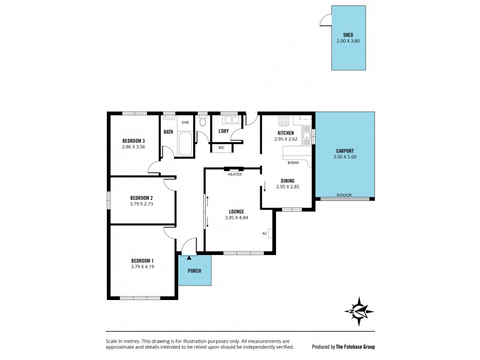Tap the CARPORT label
pos(345,151)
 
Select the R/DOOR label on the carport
pos(344,196)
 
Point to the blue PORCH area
pos(194,271)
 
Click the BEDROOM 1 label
pos(143,260)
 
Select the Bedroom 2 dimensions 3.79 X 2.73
pos(142,203)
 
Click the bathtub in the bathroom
pos(184,143)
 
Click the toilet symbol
pos(203,122)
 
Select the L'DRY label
pos(223,131)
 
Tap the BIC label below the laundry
pos(221,147)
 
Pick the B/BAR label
pos(293,163)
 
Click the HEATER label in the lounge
pos(234,175)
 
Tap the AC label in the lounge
pos(264,233)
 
